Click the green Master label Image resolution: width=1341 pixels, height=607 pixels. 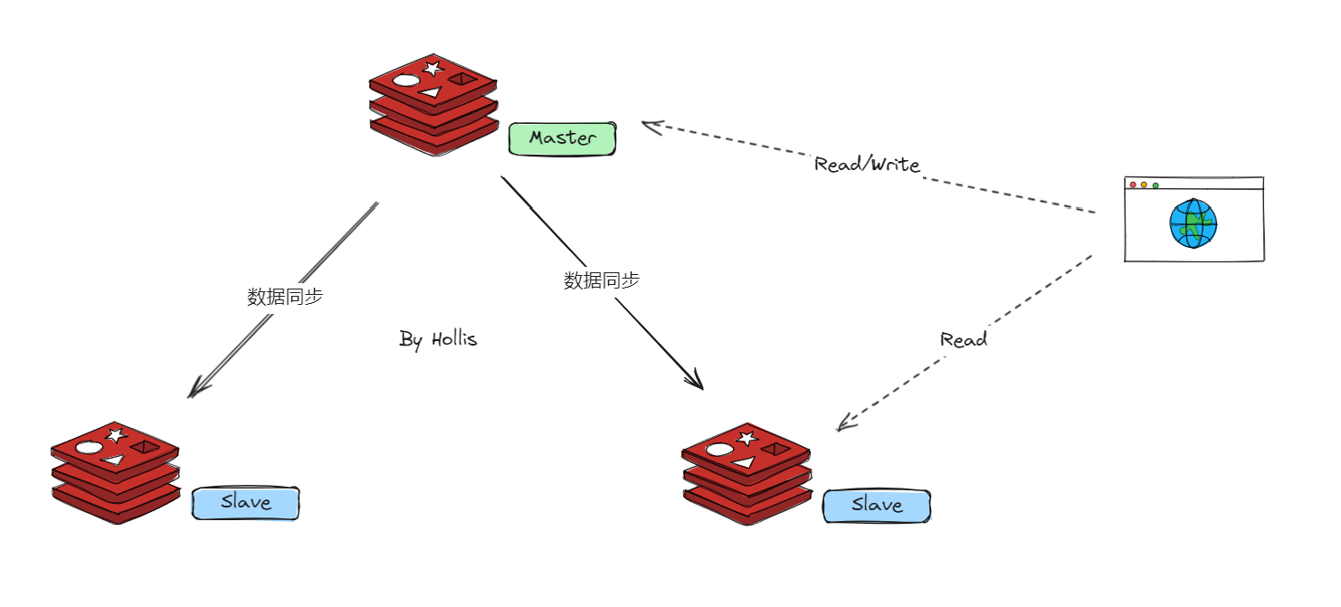pos(562,138)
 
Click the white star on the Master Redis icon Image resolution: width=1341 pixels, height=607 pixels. pos(433,68)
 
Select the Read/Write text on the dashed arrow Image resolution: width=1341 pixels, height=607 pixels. pos(867,165)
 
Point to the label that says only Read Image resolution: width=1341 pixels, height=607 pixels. pos(963,340)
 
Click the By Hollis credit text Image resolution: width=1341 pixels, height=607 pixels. pos(438,339)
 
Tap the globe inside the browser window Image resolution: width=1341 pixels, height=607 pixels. pos(1193,223)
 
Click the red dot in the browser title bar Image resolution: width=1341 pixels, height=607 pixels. pos(1133,185)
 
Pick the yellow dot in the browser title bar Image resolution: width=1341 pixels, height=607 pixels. pos(1144,185)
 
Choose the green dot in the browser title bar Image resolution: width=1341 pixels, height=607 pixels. pos(1156,185)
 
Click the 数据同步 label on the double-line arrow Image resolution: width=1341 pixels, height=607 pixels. pos(285,297)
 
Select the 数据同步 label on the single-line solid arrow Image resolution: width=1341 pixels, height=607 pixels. pos(602,280)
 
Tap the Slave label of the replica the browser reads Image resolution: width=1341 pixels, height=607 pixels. pos(876,506)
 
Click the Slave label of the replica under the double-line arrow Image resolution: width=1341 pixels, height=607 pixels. pos(245,503)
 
